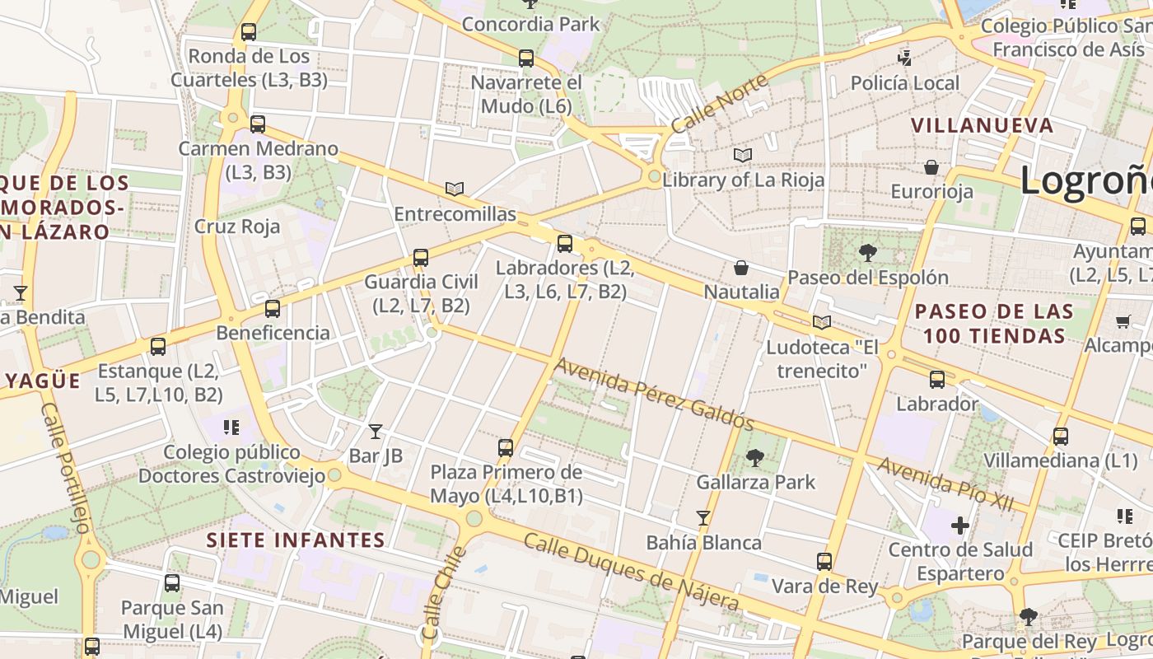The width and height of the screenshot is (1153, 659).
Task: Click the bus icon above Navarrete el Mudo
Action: click(x=526, y=58)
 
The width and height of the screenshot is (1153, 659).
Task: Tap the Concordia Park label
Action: click(x=531, y=24)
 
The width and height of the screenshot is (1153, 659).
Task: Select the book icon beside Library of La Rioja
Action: click(x=743, y=155)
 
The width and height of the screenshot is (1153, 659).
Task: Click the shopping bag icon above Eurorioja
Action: click(x=931, y=167)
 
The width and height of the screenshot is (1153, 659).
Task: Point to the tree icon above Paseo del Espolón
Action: click(x=867, y=253)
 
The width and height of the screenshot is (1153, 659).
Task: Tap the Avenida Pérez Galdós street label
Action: click(x=654, y=394)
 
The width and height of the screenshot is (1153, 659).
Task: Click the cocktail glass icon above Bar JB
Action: click(x=376, y=431)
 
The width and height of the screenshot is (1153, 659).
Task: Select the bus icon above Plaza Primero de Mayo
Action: click(x=506, y=448)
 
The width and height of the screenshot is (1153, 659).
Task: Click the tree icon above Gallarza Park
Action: click(x=754, y=458)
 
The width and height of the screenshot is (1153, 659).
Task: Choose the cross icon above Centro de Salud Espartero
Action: click(x=960, y=525)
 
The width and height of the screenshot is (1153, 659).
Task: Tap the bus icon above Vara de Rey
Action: click(x=824, y=562)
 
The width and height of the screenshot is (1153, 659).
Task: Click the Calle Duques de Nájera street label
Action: click(x=632, y=573)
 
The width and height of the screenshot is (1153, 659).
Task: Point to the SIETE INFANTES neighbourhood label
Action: click(x=296, y=540)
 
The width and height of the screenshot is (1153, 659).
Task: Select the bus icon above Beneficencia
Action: click(x=272, y=309)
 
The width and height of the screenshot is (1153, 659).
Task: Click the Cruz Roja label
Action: click(x=237, y=227)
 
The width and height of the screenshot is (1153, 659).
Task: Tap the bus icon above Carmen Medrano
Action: click(x=258, y=124)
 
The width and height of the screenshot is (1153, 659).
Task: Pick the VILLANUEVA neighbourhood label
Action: click(x=982, y=125)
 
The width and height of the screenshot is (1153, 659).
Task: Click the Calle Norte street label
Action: click(x=719, y=104)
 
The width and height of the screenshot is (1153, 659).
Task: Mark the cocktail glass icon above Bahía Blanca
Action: click(x=703, y=518)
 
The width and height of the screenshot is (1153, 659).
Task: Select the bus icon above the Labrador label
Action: click(x=937, y=380)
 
